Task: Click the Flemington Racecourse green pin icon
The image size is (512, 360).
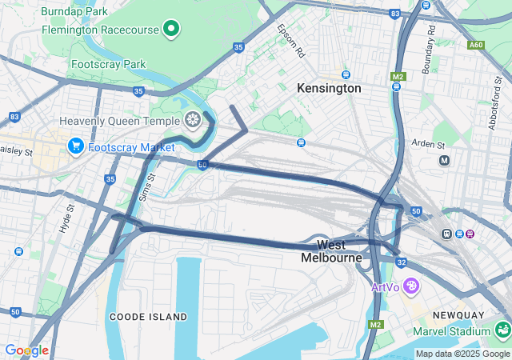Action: [x=170, y=30]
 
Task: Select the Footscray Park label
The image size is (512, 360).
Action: [x=108, y=64]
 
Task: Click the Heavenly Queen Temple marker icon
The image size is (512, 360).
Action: [x=192, y=121]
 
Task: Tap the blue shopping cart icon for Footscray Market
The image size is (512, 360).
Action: [x=76, y=146]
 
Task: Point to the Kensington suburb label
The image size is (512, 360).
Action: [x=329, y=89]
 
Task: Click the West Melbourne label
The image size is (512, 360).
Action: [x=332, y=251]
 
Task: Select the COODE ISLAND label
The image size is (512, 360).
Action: [x=148, y=317]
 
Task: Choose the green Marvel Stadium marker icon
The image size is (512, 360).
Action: [x=502, y=330]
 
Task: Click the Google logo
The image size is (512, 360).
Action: [x=26, y=350]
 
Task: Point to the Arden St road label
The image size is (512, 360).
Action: [x=429, y=145]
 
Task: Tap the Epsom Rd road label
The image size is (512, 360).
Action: [x=292, y=41]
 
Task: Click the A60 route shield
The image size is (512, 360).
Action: [x=476, y=45]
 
